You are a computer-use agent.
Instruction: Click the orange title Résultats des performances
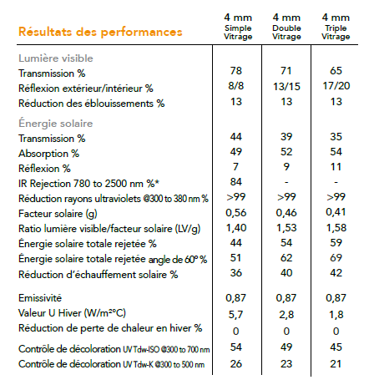click(x=100, y=32)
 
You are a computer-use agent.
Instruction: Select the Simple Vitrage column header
click(x=238, y=27)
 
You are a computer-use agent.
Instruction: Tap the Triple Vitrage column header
click(x=336, y=27)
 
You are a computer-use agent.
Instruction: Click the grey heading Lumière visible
click(x=56, y=58)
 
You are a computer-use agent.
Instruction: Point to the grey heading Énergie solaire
click(x=55, y=124)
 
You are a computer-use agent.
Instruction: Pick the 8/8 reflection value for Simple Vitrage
click(x=236, y=86)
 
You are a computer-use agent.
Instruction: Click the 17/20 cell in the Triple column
click(x=336, y=86)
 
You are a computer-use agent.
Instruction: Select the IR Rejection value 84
click(x=236, y=182)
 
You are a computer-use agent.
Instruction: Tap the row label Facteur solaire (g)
click(x=58, y=214)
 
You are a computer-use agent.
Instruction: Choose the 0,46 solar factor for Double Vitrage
click(x=286, y=213)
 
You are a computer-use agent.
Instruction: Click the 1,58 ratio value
click(x=336, y=228)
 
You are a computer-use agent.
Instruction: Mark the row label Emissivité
click(x=40, y=298)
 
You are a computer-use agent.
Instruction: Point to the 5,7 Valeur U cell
click(x=235, y=315)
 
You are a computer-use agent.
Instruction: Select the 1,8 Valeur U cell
click(x=336, y=315)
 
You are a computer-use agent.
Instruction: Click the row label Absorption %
click(x=48, y=154)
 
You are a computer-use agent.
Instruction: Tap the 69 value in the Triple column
click(x=336, y=258)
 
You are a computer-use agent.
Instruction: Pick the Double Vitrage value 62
click(x=286, y=258)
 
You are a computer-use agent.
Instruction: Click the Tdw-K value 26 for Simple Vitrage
click(x=236, y=364)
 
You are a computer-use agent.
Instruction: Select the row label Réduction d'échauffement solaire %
click(x=98, y=275)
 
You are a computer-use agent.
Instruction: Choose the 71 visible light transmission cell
click(x=286, y=71)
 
